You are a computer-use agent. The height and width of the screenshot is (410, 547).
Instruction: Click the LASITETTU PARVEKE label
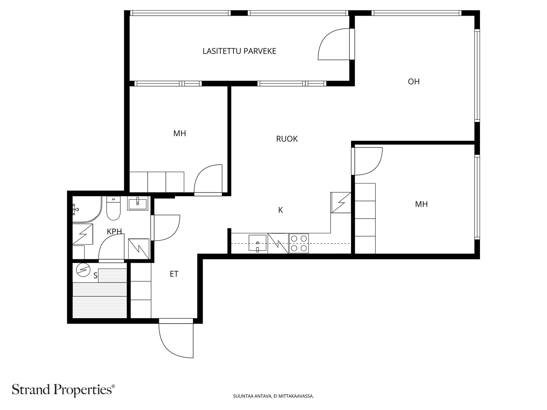pyautogui.click(x=239, y=51)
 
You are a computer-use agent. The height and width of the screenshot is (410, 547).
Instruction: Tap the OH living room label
pyautogui.click(x=413, y=81)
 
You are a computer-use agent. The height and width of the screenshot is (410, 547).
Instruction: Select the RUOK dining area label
pyautogui.click(x=286, y=139)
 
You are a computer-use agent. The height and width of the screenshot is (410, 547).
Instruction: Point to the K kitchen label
pyautogui.click(x=280, y=210)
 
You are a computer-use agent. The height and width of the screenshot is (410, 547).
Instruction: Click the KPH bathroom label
pyautogui.click(x=114, y=232)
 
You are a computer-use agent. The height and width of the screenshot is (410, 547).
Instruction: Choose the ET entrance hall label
pyautogui.click(x=174, y=274)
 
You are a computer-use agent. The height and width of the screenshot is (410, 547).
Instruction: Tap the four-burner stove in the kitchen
pyautogui.click(x=298, y=243)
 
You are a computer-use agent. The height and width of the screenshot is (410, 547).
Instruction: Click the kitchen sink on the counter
pyautogui.click(x=258, y=243)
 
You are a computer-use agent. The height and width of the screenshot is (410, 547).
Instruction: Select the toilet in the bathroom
pyautogui.click(x=114, y=208)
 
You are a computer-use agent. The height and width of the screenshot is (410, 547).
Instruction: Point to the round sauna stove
pyautogui.click(x=83, y=270)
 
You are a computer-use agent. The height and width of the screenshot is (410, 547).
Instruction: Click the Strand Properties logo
pyautogui.click(x=64, y=390)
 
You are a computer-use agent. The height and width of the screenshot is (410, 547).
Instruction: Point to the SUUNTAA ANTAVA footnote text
pyautogui.click(x=273, y=396)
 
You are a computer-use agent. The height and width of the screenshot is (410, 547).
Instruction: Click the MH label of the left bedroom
pyautogui.click(x=179, y=134)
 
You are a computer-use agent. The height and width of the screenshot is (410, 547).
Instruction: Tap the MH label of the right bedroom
pyautogui.click(x=421, y=204)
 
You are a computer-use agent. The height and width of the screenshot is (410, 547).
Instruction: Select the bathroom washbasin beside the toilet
pyautogui.click(x=137, y=203)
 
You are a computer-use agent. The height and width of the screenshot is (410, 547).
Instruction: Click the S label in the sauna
pyautogui.click(x=95, y=276)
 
